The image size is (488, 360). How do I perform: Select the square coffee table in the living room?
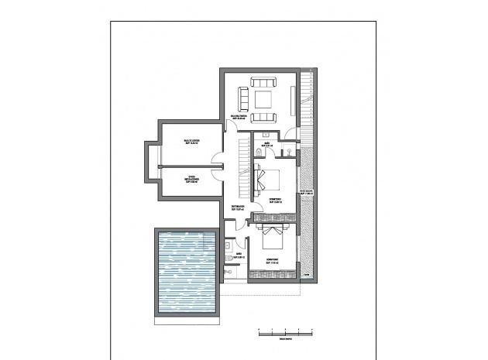click(263, 99)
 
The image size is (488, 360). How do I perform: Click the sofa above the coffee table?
click(263, 83)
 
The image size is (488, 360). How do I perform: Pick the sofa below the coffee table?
click(263, 117)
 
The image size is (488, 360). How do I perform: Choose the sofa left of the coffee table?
click(243, 99)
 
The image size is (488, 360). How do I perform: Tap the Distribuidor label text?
click(238, 207)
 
